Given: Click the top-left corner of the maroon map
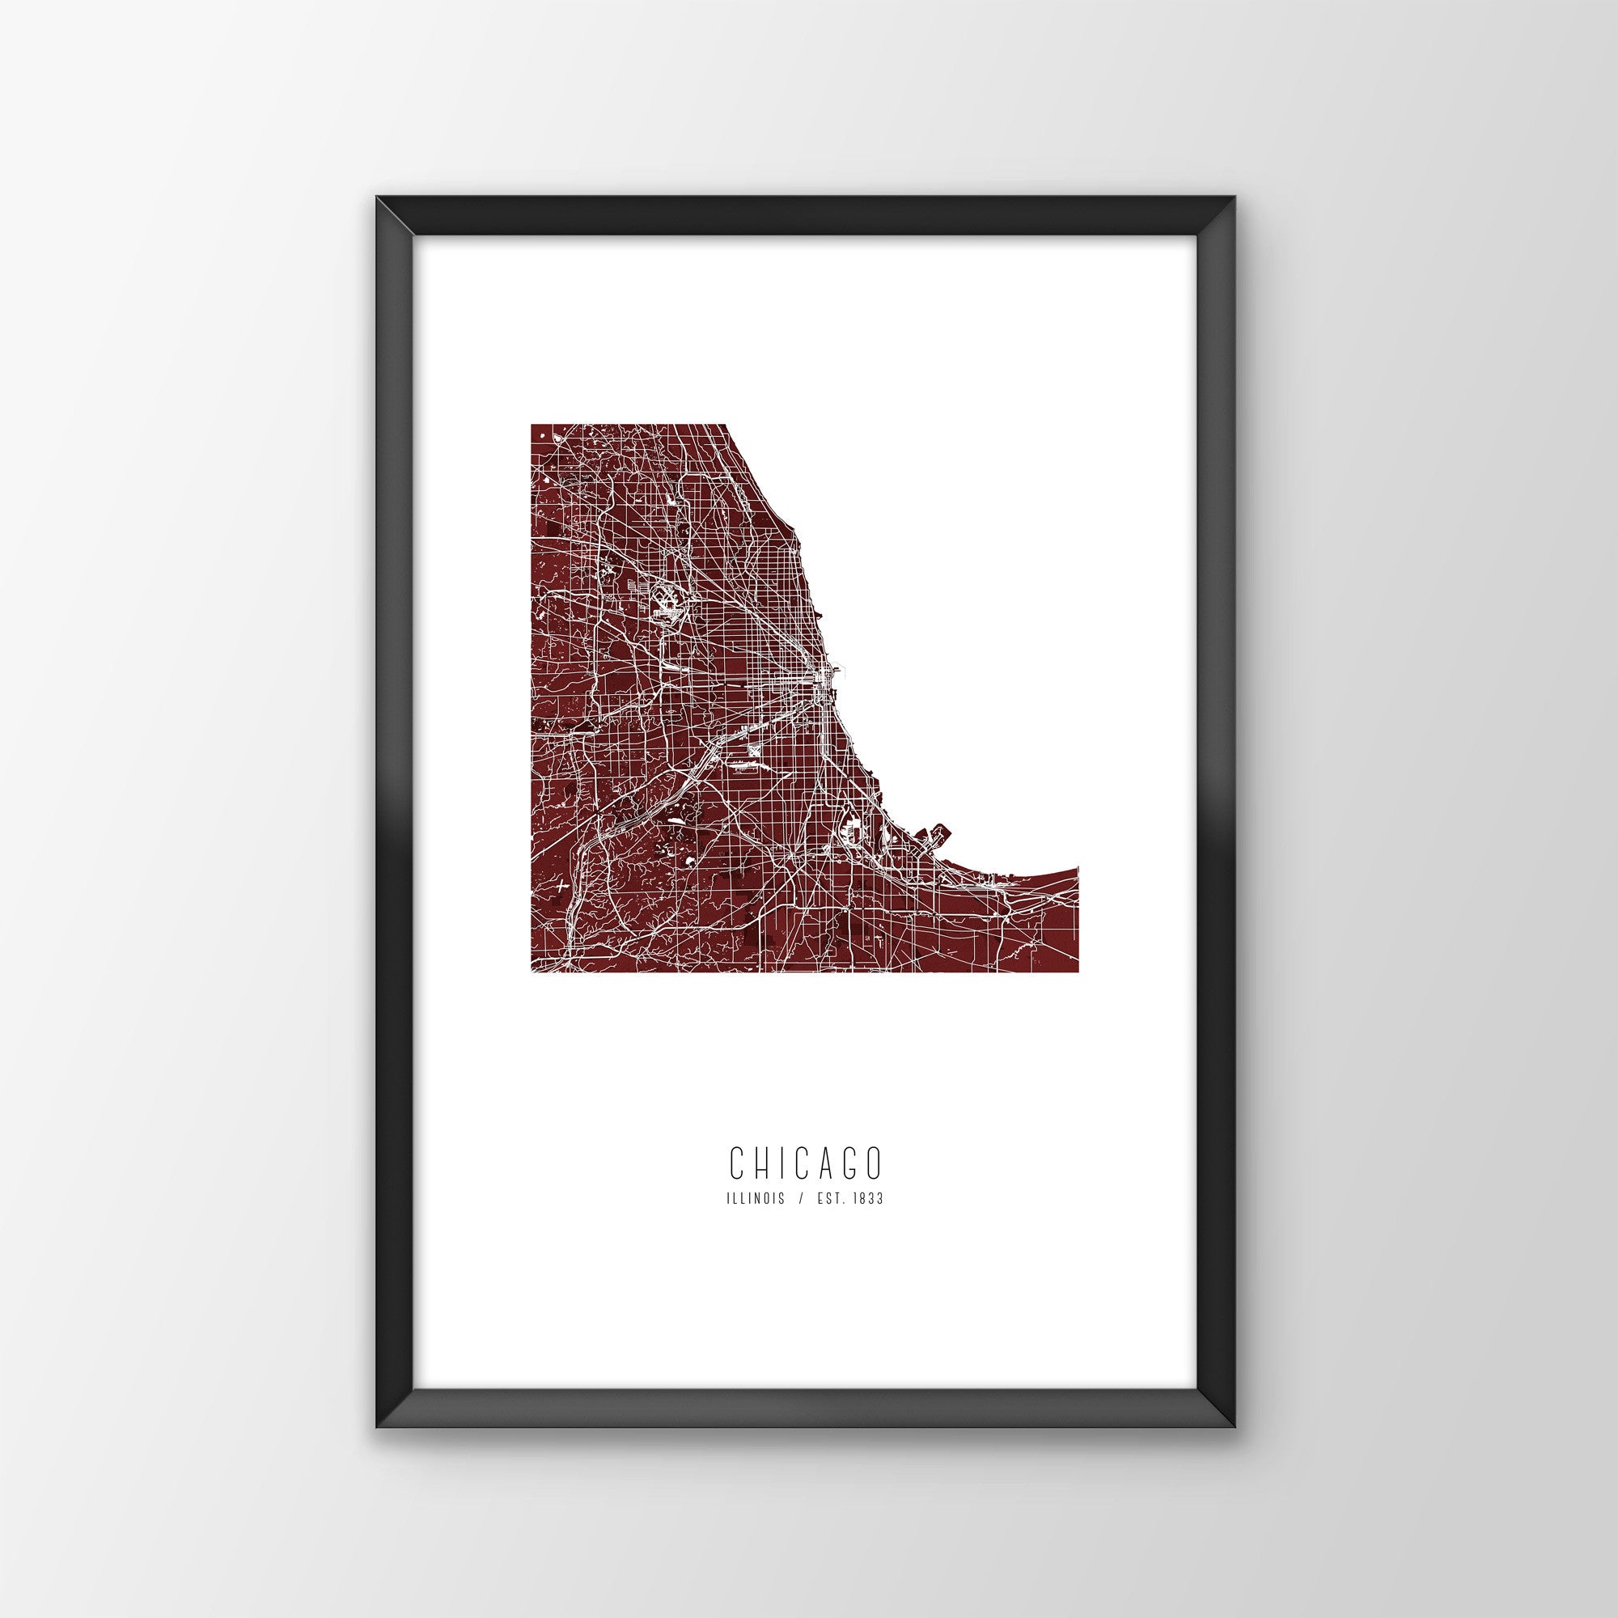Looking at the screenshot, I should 532,426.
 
